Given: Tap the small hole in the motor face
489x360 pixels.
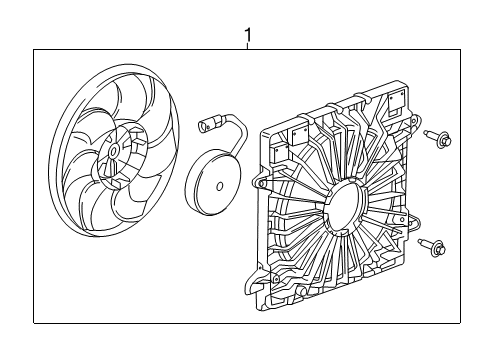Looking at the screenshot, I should (216, 185).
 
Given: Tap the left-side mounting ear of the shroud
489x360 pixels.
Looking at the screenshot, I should (262, 183).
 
